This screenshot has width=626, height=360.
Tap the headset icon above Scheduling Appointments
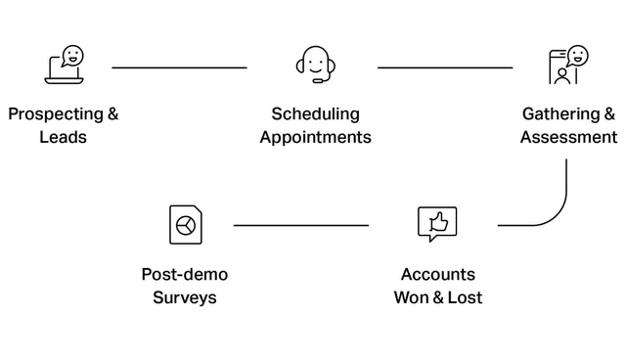pyautogui.click(x=315, y=66)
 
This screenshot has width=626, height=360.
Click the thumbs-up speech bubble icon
pyautogui.click(x=437, y=224)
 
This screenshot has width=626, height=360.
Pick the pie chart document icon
pyautogui.click(x=185, y=225)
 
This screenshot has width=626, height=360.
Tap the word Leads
pyautogui.click(x=63, y=137)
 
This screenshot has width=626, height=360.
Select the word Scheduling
pyautogui.click(x=315, y=113)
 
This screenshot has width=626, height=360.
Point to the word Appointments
pyautogui.click(x=315, y=137)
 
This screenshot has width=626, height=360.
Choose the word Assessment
pyautogui.click(x=568, y=137)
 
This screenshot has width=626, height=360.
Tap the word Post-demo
pyautogui.click(x=184, y=274)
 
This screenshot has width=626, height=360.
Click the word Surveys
pyautogui.click(x=184, y=297)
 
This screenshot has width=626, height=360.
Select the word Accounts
pyautogui.click(x=437, y=274)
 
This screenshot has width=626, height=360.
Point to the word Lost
pyautogui.click(x=465, y=297)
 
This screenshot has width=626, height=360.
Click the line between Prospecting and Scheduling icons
pyautogui.click(x=179, y=67)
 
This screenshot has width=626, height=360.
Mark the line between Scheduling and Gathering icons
pyautogui.click(x=445, y=67)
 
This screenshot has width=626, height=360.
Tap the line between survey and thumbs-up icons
pyautogui.click(x=301, y=225)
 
